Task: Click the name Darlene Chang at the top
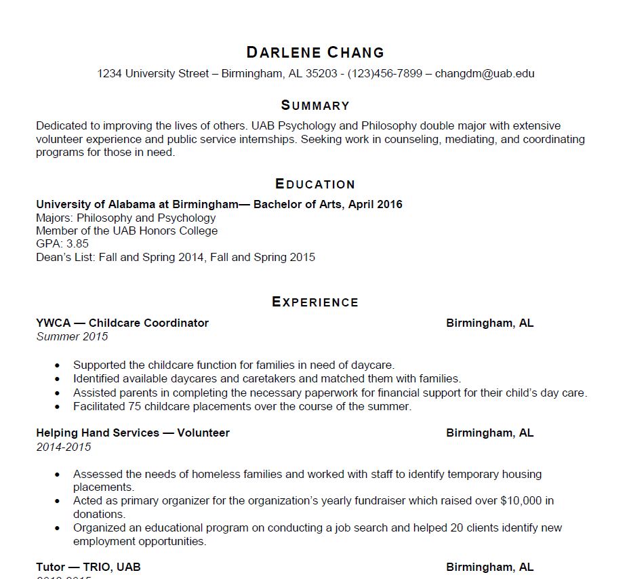coord(315,52)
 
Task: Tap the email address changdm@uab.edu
coord(485,73)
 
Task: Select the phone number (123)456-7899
coord(384,73)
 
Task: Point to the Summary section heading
coord(315,105)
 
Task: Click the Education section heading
coord(315,184)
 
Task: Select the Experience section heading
coord(315,302)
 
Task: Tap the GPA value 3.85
coord(77,244)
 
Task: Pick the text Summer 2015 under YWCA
coord(72,336)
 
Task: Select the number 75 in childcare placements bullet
coord(135,407)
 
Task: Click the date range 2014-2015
coord(64,447)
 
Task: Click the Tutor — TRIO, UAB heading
coord(88,567)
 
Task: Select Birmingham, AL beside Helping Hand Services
coord(489,433)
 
